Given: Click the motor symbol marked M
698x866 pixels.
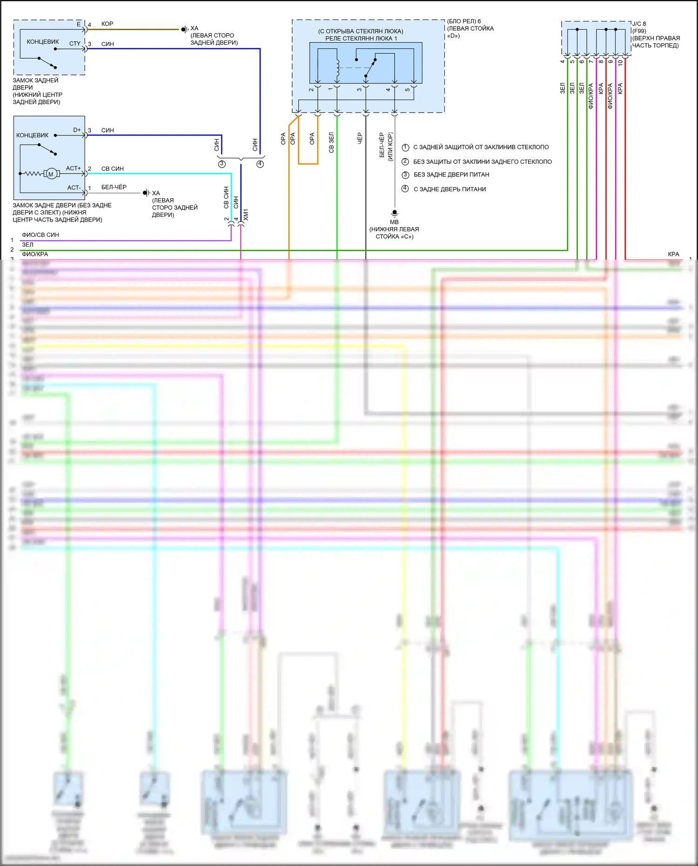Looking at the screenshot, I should tap(51, 174).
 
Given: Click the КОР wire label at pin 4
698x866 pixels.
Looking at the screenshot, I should tap(107, 24).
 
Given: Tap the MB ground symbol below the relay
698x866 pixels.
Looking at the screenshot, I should tap(395, 213).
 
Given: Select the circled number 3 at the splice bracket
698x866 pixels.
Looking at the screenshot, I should tap(222, 164).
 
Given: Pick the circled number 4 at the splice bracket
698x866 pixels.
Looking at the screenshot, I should tap(260, 164).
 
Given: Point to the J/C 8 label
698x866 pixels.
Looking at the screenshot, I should tap(639, 24).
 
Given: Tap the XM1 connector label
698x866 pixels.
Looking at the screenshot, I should tap(246, 215).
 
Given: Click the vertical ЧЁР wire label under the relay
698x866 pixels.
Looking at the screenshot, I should tap(360, 138).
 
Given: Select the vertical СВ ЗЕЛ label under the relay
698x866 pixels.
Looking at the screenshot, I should tap(331, 142).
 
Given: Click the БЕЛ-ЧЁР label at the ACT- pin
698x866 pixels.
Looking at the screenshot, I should tap(114, 187).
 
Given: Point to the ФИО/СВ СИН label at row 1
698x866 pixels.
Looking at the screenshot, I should tap(40, 235).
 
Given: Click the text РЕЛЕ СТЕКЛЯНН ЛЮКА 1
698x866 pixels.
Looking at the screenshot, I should tap(361, 39).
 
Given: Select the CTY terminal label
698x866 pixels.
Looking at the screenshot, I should tap(75, 43).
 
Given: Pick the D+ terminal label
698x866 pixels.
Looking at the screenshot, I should tap(77, 130).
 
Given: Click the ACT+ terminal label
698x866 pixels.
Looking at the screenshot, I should tap(73, 168).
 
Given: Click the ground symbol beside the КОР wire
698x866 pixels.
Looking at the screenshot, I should tap(184, 29).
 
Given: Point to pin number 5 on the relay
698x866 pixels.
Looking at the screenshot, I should tap(408, 89).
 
